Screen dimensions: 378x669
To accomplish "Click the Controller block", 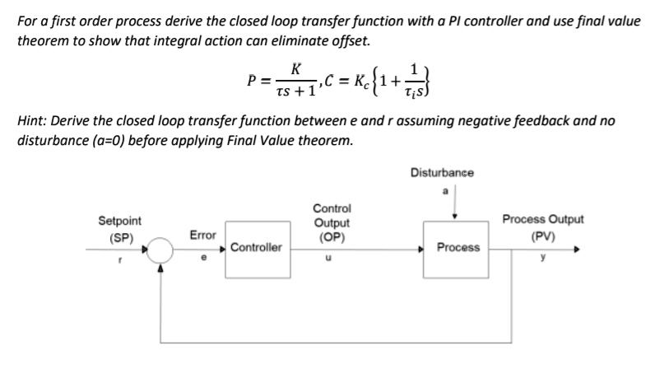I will (255, 247).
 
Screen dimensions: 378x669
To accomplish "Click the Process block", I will (458, 247).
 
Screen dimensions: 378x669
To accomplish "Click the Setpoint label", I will (119, 221).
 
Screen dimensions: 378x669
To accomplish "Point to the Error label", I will (202, 235).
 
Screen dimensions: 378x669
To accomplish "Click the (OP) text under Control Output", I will (332, 237).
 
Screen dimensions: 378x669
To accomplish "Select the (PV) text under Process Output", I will (543, 234).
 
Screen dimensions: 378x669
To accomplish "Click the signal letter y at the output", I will (543, 255).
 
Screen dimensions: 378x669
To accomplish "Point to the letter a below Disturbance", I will (445, 190).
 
